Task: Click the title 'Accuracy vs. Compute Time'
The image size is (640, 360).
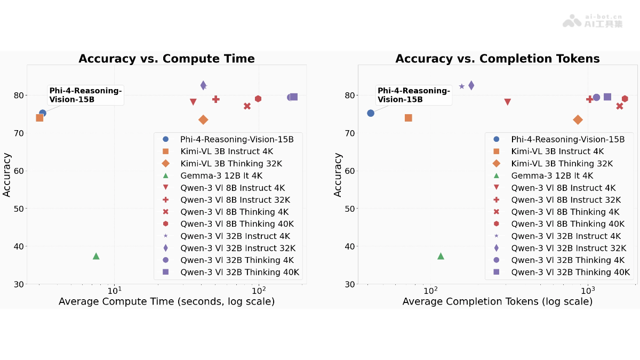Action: [x=166, y=59]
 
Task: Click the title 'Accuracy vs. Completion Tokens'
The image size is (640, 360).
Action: [x=497, y=59]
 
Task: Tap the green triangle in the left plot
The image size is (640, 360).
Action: [x=96, y=256]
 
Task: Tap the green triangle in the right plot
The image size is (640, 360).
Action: [x=441, y=256]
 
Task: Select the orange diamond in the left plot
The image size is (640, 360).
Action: [x=203, y=120]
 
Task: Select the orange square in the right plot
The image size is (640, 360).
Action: [x=409, y=118]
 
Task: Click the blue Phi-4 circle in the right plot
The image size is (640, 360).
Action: [x=371, y=113]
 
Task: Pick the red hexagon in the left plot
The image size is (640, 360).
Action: [x=258, y=99]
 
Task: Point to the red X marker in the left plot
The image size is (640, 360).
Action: [x=247, y=106]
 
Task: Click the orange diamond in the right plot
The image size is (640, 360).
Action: [x=578, y=120]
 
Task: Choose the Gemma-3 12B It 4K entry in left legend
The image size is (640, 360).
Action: [x=221, y=175]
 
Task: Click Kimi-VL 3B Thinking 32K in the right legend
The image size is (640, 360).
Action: [x=562, y=164]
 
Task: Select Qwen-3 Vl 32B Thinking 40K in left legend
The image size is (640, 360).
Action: [x=239, y=272]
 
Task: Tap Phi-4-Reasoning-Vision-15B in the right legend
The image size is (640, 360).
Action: [x=567, y=139]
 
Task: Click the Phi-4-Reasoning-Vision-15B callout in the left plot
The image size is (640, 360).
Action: [x=85, y=95]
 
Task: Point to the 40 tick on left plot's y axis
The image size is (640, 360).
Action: [x=20, y=246]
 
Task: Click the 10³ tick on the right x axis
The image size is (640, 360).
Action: [x=588, y=290]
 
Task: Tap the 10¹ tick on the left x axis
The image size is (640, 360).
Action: [x=114, y=290]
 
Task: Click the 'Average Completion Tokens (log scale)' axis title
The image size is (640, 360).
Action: [x=497, y=302]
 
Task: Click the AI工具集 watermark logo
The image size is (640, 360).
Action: [x=593, y=21]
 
